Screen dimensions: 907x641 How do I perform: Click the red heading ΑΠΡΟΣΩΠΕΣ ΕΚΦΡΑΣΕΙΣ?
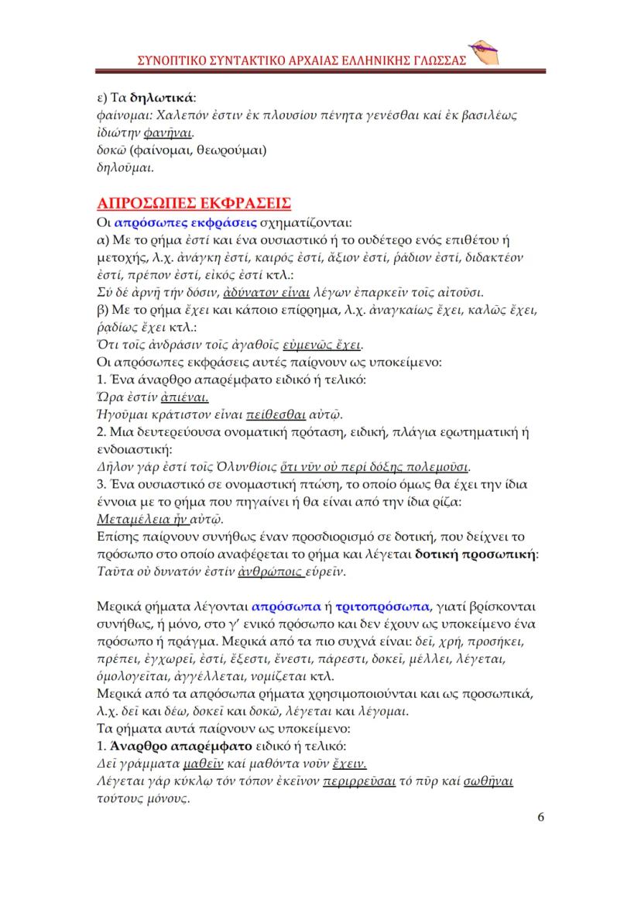point(193,204)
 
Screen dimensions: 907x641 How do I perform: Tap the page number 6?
point(540,817)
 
